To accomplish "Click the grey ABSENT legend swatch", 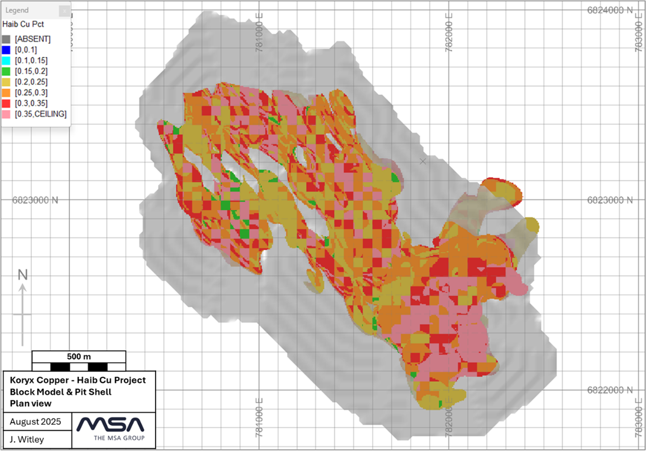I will click(6, 39).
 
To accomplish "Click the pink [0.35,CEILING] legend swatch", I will click(6, 114).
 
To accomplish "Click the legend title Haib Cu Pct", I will click(23, 24).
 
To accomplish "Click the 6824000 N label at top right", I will click(610, 10).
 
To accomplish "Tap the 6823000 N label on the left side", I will click(35, 200).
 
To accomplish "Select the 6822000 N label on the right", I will click(610, 390).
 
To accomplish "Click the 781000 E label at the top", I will click(259, 32).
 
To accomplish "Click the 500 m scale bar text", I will click(79, 356).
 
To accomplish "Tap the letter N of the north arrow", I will click(22, 275).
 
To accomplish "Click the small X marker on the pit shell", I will click(423, 161).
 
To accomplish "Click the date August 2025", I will click(35, 422).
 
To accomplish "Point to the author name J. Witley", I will click(27, 439).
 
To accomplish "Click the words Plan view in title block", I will click(31, 403).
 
